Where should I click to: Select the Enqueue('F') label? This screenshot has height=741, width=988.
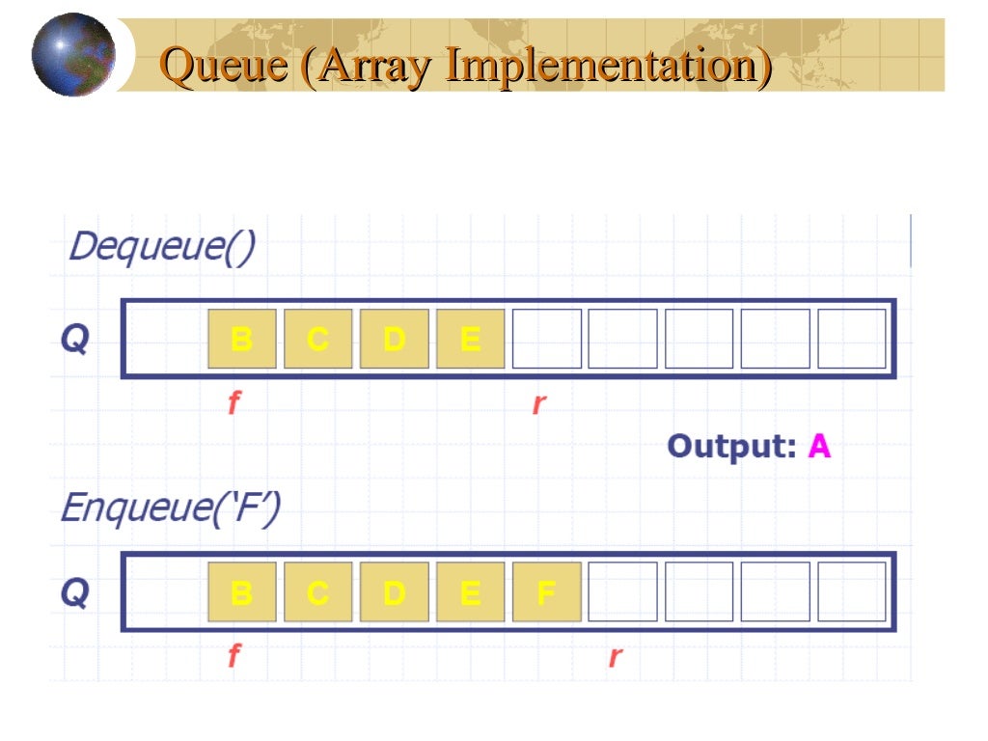(171, 508)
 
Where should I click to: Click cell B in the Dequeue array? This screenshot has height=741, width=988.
(242, 339)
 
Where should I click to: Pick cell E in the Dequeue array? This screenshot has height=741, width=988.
(471, 339)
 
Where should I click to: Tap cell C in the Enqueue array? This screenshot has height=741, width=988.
(318, 592)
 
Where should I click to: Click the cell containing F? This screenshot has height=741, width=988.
(547, 592)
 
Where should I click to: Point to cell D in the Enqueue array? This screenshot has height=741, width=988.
(395, 592)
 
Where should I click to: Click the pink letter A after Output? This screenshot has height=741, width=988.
(819, 447)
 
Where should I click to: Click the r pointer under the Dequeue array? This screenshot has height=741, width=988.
(539, 403)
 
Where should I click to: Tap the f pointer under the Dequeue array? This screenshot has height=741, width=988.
(233, 402)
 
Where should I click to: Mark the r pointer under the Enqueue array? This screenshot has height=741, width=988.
(616, 658)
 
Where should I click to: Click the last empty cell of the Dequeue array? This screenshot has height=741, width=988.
(852, 339)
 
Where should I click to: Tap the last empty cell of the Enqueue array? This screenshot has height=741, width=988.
(852, 592)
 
